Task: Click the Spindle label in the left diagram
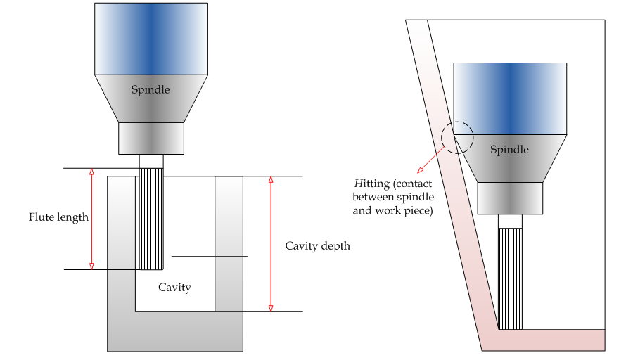click(151, 90)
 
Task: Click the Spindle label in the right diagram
click(509, 150)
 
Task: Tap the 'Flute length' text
click(58, 217)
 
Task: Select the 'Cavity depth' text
click(317, 246)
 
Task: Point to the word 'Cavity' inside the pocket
click(174, 287)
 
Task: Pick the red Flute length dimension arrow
click(91, 219)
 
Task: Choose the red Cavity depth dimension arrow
click(271, 243)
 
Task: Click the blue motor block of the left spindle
click(151, 39)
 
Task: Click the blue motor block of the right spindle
click(510, 98)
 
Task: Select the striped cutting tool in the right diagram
click(511, 278)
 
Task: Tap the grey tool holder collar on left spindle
click(151, 138)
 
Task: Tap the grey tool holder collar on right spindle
click(510, 198)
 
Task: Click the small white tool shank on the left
click(151, 161)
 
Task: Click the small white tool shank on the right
click(511, 221)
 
